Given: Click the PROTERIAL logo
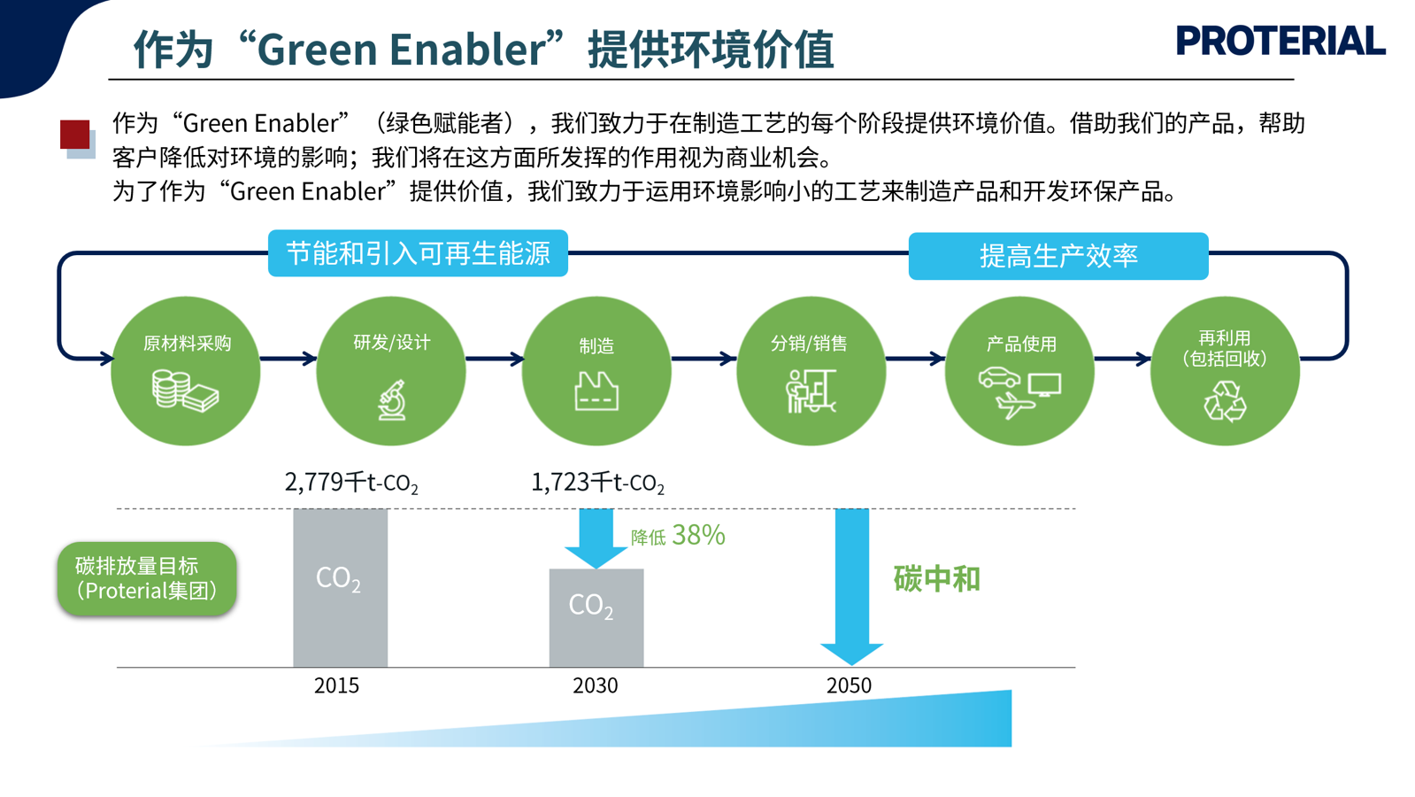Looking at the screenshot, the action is pos(1280,41).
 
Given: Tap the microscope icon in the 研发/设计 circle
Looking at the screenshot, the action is pos(392,399).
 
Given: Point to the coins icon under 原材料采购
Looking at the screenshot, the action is pos(185,391).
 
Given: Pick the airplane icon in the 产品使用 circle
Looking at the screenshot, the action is pos(1015,405).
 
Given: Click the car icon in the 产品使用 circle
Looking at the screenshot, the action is pos(999,377).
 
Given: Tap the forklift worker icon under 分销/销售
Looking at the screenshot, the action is pos(811,391).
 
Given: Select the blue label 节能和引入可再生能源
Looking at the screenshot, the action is pos(418,252).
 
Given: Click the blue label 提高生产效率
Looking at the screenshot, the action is pos(1058,256).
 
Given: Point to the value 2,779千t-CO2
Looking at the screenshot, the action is pos(351,483).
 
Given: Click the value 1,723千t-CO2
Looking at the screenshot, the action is pos(597,483).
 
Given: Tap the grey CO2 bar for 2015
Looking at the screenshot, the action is pos(340,587).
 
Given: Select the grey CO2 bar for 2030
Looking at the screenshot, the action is pos(596,617).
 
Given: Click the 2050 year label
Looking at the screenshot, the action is pos(849,685).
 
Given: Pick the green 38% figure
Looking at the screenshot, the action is pos(699,536).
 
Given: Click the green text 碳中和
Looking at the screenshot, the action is pos(937,579).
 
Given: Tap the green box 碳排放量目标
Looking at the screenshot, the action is pos(147,578).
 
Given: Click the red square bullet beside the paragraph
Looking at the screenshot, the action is pos(75,135).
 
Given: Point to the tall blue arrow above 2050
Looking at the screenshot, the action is pos(851,586).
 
